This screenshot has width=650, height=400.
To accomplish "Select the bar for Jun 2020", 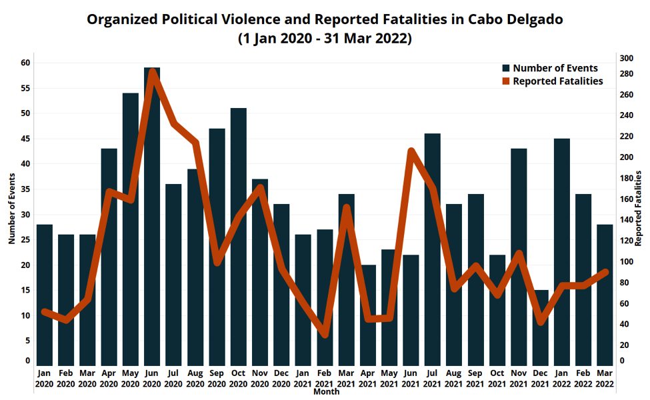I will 152,220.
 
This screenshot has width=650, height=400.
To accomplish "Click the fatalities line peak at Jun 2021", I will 411,151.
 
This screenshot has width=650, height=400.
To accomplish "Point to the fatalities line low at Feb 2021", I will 325,334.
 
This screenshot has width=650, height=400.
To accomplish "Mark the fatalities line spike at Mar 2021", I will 346,208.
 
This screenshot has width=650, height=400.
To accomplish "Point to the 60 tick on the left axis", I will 25,63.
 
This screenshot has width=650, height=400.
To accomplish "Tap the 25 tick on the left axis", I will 25,239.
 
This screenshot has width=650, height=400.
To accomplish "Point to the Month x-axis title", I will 326,392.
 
